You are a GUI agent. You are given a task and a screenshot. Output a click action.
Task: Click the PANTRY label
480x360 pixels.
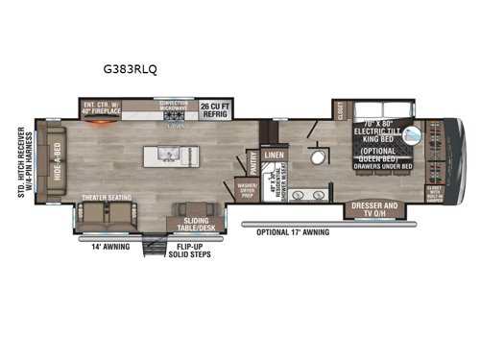point(252,164)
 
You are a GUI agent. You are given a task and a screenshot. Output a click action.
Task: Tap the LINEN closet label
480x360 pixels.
point(275,154)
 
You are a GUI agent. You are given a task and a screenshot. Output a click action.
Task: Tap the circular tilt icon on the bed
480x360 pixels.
point(414,136)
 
